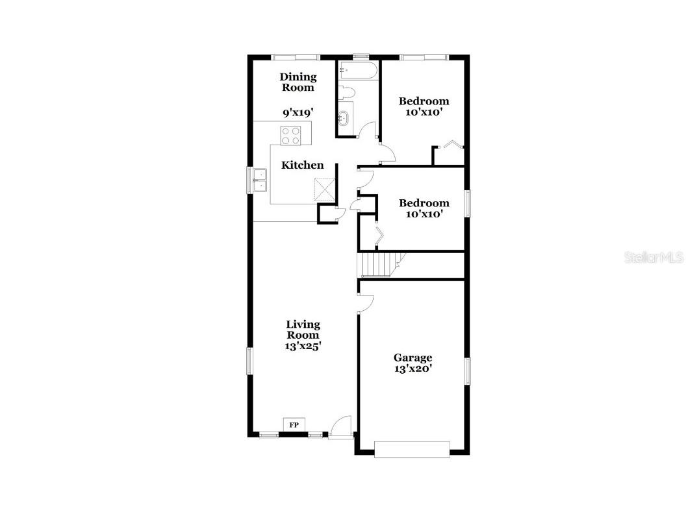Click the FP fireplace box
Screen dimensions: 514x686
[x=294, y=424]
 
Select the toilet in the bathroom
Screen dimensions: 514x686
[x=346, y=92]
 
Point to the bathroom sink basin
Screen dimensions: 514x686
[x=344, y=119]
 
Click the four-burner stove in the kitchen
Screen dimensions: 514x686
[x=291, y=135]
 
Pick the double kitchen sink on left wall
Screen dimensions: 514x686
[x=260, y=180]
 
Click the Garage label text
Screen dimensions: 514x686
[x=413, y=358]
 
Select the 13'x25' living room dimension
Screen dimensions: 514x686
[x=303, y=346]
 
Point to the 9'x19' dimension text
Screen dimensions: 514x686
[x=298, y=112]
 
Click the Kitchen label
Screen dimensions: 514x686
[x=302, y=165]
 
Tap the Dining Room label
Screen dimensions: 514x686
[x=298, y=82]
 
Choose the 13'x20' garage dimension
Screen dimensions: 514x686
[x=413, y=369]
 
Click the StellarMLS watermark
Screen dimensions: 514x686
[x=654, y=258]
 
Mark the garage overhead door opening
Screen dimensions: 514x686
[x=412, y=449]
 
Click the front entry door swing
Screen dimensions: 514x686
[x=340, y=427]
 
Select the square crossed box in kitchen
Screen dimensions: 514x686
[x=325, y=189]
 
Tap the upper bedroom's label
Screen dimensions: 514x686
[x=424, y=101]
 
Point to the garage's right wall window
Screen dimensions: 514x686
[x=466, y=371]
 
